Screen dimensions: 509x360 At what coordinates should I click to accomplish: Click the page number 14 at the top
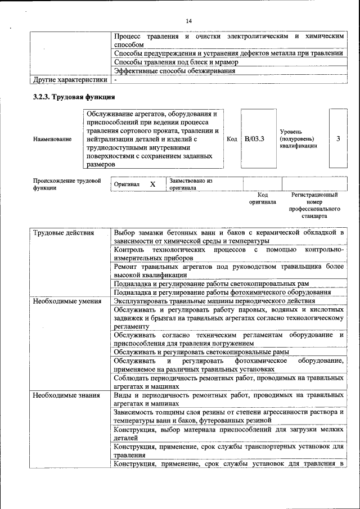coord(188,21)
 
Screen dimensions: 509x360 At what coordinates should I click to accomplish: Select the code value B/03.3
coord(254,139)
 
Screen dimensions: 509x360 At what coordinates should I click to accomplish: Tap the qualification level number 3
coord(337,139)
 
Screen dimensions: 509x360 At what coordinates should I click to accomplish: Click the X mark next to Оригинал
coord(152,184)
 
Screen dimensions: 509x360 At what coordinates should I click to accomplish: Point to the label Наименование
coord(52,139)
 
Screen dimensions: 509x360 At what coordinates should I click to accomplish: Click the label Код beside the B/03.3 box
coord(232,139)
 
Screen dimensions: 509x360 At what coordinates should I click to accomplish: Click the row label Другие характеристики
coord(70,79)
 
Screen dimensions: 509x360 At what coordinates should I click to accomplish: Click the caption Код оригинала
coord(263,198)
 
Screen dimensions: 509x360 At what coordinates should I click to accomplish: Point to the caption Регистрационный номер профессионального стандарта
coord(314,205)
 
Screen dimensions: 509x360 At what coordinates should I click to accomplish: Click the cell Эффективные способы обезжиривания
coord(174,71)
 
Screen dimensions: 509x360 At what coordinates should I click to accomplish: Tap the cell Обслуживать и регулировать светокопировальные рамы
coord(201,352)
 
